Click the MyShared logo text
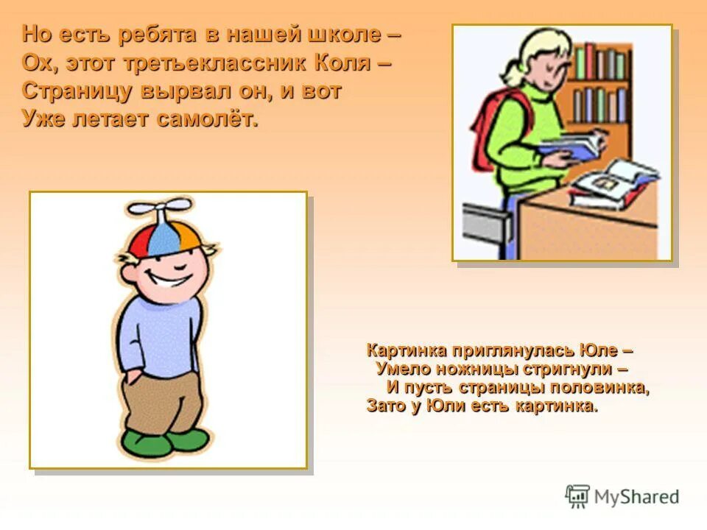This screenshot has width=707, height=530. pyautogui.click(x=637, y=497)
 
